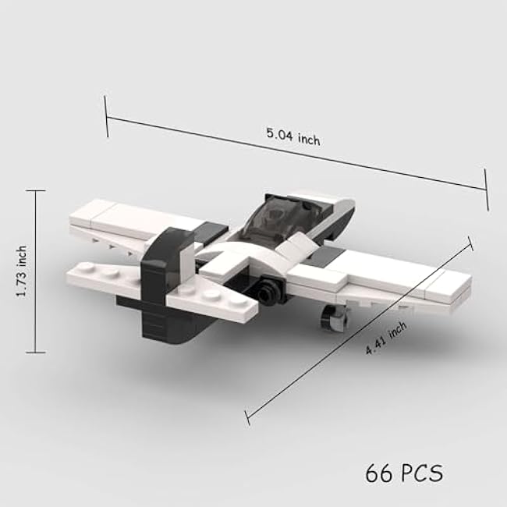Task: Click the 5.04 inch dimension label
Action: (293, 136)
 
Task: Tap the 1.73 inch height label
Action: (22, 271)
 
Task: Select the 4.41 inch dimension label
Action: (386, 339)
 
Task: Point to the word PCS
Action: (422, 473)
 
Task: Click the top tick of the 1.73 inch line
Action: (35, 191)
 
